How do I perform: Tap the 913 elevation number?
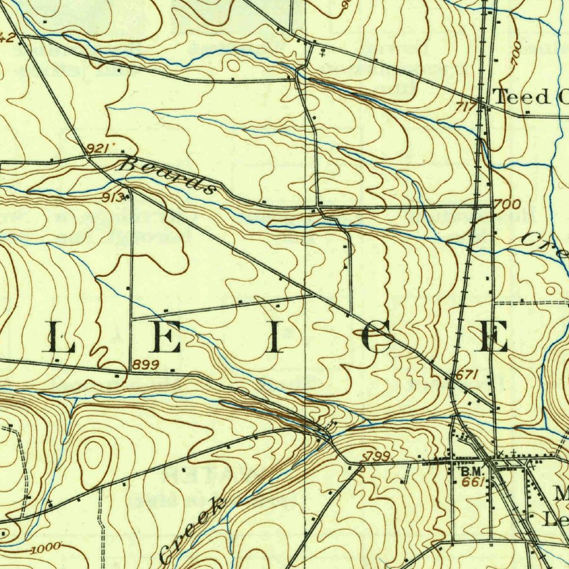click(x=113, y=197)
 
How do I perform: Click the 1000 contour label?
click(x=46, y=549)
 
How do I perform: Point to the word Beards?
click(x=167, y=175)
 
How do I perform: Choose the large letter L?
click(x=59, y=338)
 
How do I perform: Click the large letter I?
click(x=273, y=338)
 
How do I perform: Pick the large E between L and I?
click(x=166, y=338)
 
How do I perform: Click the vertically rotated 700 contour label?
click(x=515, y=54)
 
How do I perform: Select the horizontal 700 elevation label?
click(x=507, y=205)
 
